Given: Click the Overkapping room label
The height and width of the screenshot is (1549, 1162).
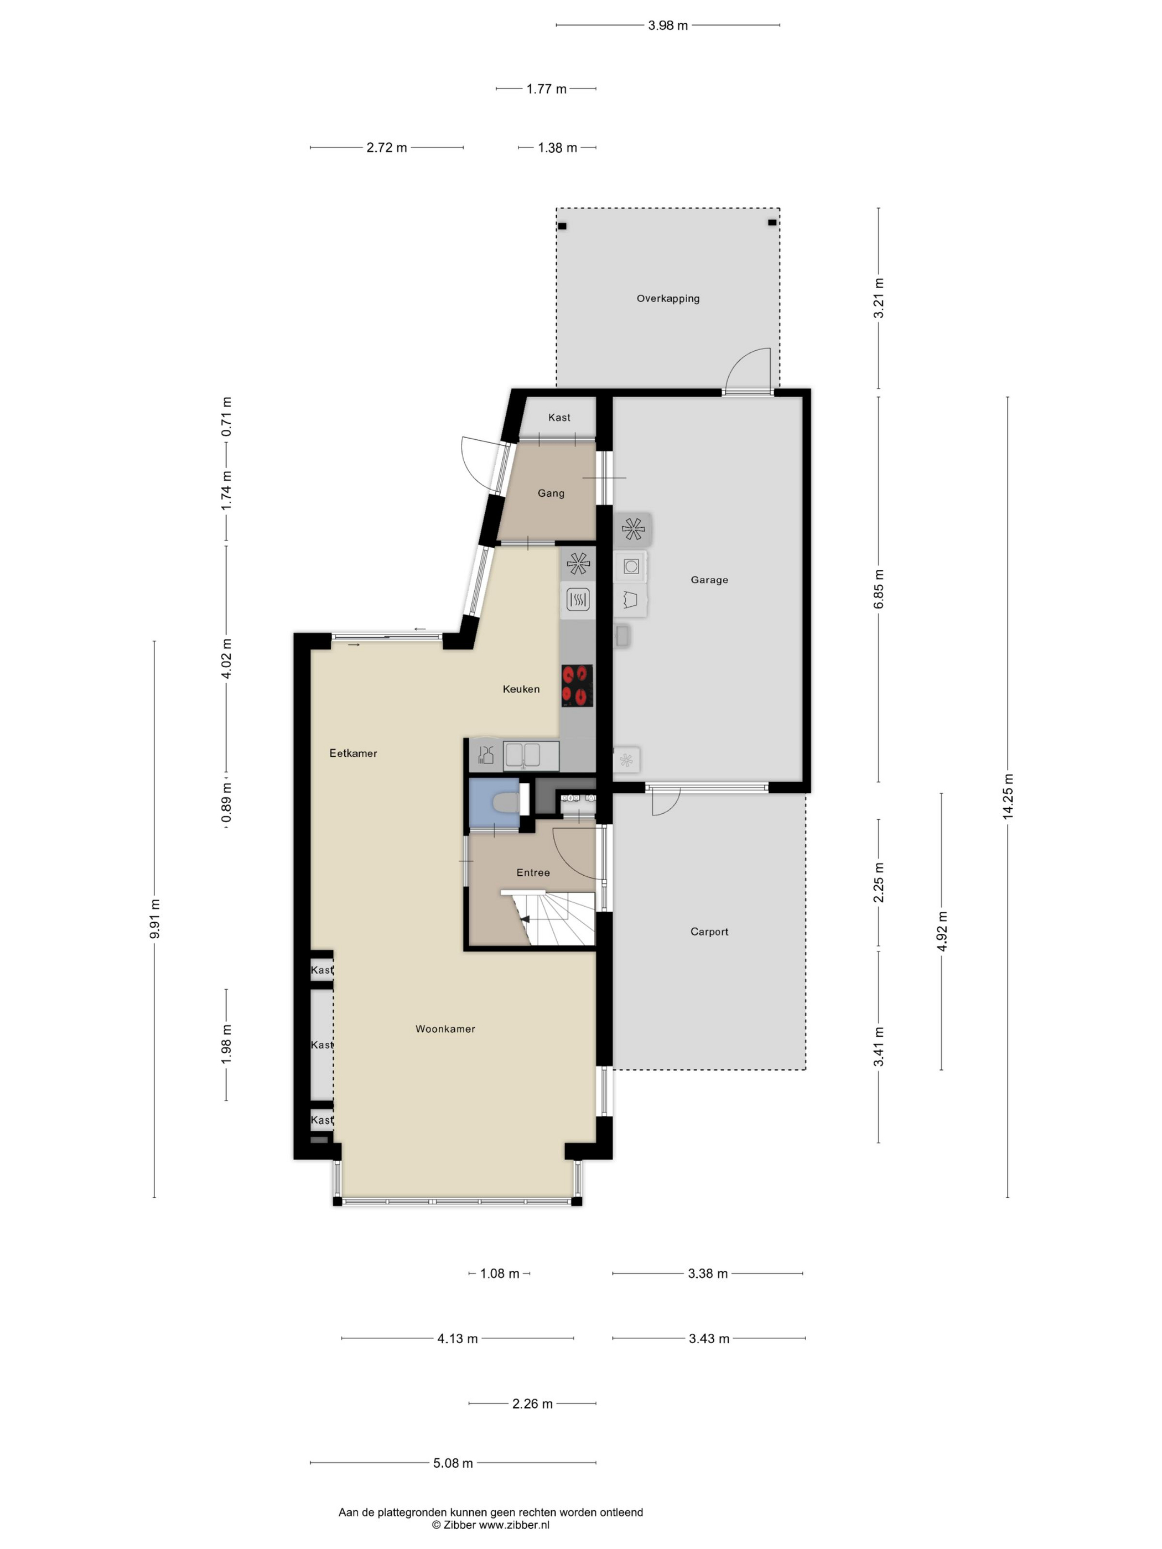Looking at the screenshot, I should pyautogui.click(x=667, y=298).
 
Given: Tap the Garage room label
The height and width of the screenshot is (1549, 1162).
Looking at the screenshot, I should pyautogui.click(x=709, y=580).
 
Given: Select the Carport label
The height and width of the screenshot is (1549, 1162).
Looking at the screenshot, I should pyautogui.click(x=709, y=932).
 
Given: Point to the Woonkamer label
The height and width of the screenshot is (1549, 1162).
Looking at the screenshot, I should pyautogui.click(x=445, y=1028).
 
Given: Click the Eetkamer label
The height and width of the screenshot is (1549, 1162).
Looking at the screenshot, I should pyautogui.click(x=353, y=753).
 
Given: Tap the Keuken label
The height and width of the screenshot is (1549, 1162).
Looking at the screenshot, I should pyautogui.click(x=521, y=689).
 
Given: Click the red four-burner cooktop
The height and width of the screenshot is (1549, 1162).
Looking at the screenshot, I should pyautogui.click(x=577, y=685).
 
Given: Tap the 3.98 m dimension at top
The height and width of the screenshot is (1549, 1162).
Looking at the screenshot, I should pyautogui.click(x=667, y=25).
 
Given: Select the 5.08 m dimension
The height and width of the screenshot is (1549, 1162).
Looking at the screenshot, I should pyautogui.click(x=453, y=1463).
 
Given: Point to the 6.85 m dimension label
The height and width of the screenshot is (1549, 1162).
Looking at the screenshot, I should pyautogui.click(x=878, y=588).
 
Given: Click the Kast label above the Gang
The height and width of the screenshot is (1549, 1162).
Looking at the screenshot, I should pyautogui.click(x=559, y=417).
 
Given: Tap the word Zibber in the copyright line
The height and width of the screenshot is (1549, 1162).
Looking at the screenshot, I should pyautogui.click(x=459, y=1525).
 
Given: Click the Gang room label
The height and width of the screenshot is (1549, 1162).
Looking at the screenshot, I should pyautogui.click(x=551, y=493).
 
